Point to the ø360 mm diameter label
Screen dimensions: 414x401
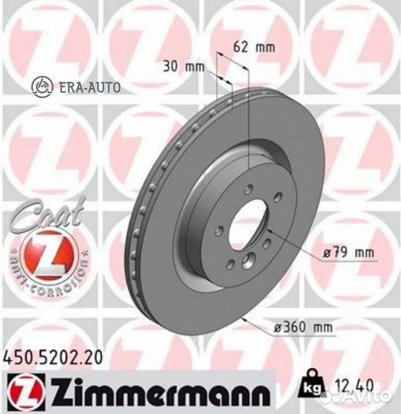(306, 328)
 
